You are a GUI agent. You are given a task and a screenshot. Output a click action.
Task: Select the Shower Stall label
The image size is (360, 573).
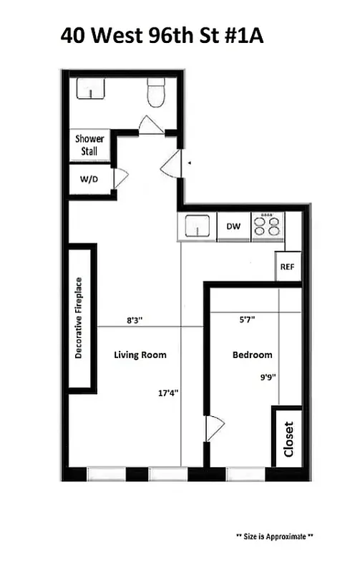click(x=90, y=145)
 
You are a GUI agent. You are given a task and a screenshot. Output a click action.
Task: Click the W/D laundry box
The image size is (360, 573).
click(x=89, y=179)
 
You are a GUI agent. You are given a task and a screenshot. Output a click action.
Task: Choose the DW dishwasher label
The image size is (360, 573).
click(x=233, y=226)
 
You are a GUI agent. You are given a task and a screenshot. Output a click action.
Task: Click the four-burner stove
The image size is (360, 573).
click(x=268, y=226)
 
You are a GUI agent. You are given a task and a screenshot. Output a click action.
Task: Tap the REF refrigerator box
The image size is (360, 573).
click(x=287, y=266)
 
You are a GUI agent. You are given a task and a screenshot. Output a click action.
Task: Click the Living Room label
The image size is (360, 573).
click(x=140, y=355)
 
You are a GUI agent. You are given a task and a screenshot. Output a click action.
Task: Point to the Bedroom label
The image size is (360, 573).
click(x=253, y=355)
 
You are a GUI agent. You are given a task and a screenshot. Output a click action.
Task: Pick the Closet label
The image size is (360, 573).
click(x=288, y=438)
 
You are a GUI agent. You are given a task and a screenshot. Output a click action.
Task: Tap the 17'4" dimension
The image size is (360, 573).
click(x=170, y=393)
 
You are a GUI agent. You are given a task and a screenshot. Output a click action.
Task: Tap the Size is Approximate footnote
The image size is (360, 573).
click(x=274, y=536)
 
